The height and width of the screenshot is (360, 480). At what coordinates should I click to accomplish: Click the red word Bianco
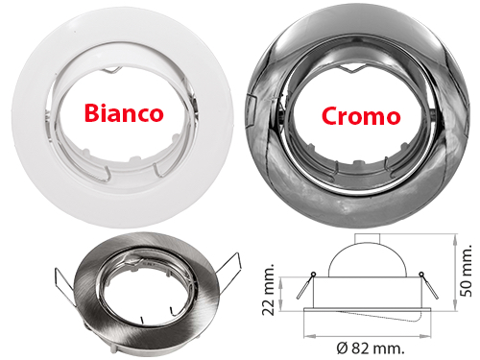[x=124, y=113]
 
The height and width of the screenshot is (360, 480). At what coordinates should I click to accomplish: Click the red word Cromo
[x=361, y=115]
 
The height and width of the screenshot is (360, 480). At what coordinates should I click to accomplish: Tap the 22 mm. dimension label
[x=268, y=290]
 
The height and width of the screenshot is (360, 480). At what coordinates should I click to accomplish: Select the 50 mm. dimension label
[x=466, y=271]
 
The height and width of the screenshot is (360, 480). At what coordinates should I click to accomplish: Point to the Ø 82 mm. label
[x=371, y=348]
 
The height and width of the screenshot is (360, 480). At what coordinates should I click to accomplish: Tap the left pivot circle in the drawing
[x=313, y=274]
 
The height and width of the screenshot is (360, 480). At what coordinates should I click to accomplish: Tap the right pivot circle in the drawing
[x=421, y=274]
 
